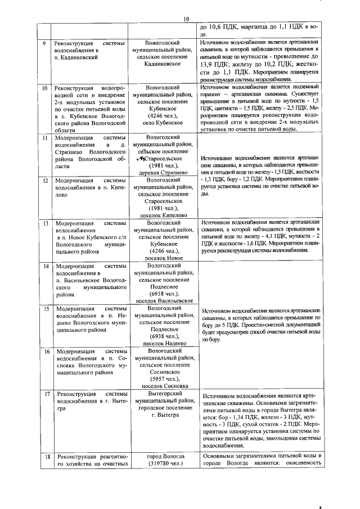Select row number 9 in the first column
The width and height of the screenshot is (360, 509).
[45, 43]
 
